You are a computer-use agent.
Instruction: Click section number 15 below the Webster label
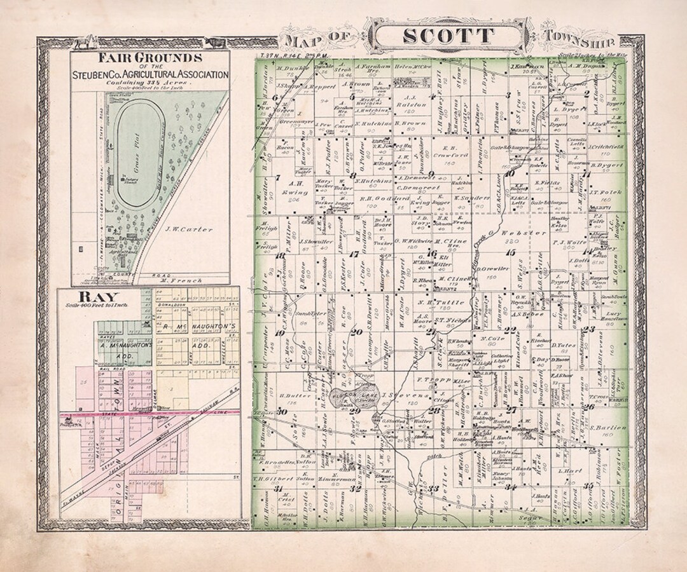pos(510,252)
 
